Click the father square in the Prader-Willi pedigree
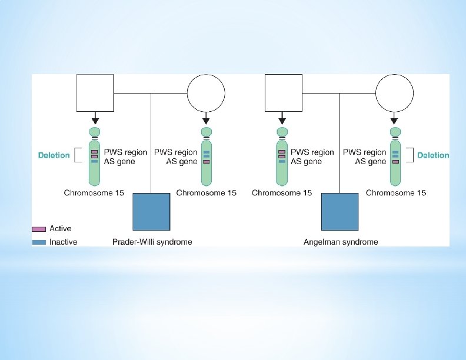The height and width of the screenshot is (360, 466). pyautogui.click(x=95, y=93)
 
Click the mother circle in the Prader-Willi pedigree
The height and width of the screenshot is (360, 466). pyautogui.click(x=206, y=93)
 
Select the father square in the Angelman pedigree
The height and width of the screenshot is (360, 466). pyautogui.click(x=282, y=93)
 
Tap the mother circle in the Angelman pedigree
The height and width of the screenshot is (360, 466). pyautogui.click(x=395, y=93)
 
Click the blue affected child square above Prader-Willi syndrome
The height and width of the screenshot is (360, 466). pyautogui.click(x=151, y=211)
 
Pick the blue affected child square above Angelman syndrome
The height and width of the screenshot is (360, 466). pyautogui.click(x=339, y=211)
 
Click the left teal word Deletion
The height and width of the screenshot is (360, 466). pyautogui.click(x=54, y=156)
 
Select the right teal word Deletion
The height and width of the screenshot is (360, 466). pyautogui.click(x=433, y=156)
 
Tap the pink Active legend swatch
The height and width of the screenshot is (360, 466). pyautogui.click(x=39, y=229)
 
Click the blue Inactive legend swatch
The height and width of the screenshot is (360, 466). pyautogui.click(x=39, y=242)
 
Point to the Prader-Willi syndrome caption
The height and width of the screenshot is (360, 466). pyautogui.click(x=152, y=242)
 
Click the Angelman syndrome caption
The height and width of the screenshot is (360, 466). pyautogui.click(x=341, y=242)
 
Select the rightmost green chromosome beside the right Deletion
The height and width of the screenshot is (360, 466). pyautogui.click(x=395, y=156)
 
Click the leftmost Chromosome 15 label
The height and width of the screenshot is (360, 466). pyautogui.click(x=94, y=193)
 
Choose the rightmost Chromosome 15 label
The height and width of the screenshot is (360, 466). pyautogui.click(x=396, y=193)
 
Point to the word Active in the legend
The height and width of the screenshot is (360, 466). pyautogui.click(x=61, y=229)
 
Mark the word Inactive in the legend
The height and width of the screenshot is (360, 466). pyautogui.click(x=63, y=242)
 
